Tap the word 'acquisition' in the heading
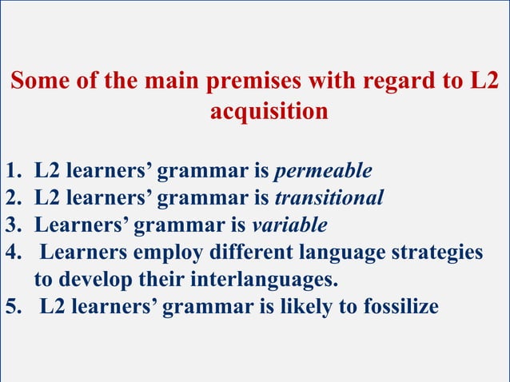(269, 111)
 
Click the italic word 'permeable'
(323, 170)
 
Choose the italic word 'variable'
(290, 225)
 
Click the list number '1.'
(14, 170)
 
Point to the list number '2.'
(14, 197)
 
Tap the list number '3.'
(14, 225)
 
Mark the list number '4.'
(14, 252)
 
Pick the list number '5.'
(14, 306)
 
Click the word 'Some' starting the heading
(40, 82)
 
